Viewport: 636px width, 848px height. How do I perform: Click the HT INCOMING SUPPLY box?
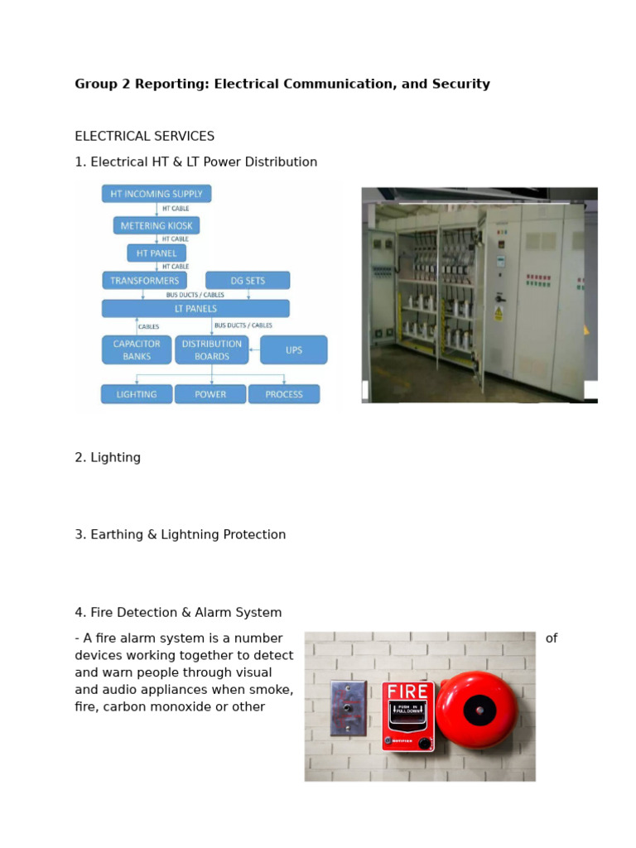click(x=157, y=194)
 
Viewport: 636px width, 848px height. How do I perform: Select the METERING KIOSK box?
click(x=157, y=225)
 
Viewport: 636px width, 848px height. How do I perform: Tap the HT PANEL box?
click(x=157, y=253)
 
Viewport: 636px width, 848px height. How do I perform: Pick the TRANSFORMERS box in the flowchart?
click(x=140, y=281)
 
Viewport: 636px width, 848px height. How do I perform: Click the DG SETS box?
click(x=248, y=281)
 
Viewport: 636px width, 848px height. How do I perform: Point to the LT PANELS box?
click(x=195, y=309)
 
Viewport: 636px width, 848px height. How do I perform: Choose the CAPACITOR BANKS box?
click(x=137, y=350)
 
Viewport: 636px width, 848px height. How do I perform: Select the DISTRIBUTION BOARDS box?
click(x=212, y=350)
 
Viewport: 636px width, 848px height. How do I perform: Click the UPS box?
click(x=294, y=350)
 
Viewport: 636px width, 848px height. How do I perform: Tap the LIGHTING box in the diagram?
click(x=137, y=394)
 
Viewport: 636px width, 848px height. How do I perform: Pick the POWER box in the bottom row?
click(x=210, y=394)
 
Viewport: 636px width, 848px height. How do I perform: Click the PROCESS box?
click(x=284, y=394)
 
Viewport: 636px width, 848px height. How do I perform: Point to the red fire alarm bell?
click(x=477, y=711)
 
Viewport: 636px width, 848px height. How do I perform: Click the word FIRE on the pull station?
click(x=407, y=691)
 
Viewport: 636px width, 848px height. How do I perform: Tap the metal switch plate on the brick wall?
click(x=348, y=708)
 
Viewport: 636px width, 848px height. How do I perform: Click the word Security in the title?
click(x=459, y=84)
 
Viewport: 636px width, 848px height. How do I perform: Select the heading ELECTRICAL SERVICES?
click(x=144, y=136)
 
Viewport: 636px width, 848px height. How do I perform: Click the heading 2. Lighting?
click(x=108, y=457)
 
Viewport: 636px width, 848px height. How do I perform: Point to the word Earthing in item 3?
click(x=116, y=535)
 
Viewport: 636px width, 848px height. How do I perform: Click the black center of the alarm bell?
click(x=479, y=711)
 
